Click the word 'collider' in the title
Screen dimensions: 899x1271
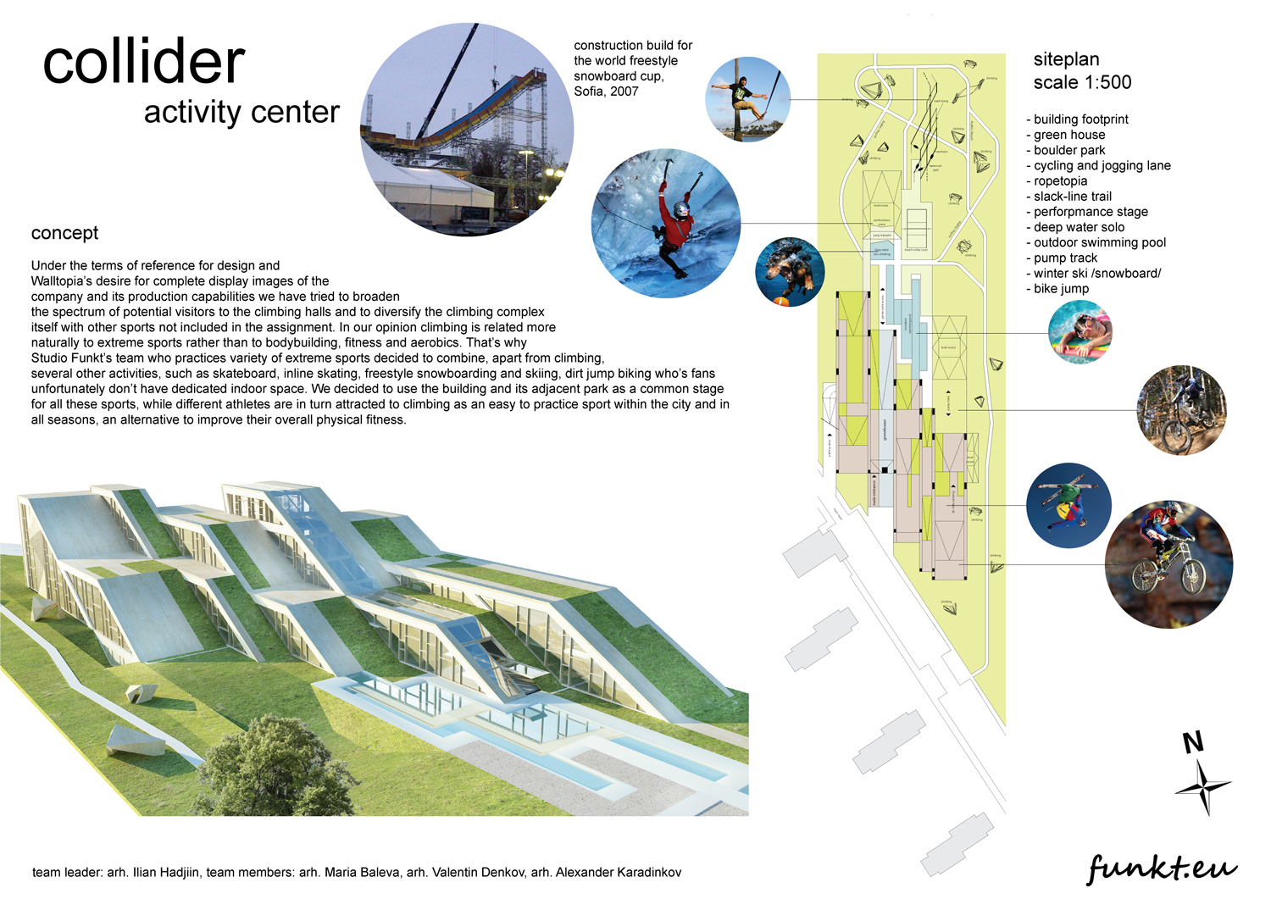(x=144, y=63)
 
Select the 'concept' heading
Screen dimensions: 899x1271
(x=64, y=233)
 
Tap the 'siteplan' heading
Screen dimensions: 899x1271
(x=1066, y=59)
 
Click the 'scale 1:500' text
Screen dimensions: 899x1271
(x=1082, y=82)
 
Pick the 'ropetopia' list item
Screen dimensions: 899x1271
(x=1060, y=181)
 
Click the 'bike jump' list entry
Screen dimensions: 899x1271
(x=1061, y=289)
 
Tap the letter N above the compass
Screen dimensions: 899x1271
(x=1193, y=743)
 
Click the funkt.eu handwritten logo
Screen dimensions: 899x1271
(x=1162, y=868)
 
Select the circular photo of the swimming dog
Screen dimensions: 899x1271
(x=789, y=271)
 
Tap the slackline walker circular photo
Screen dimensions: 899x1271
(x=747, y=100)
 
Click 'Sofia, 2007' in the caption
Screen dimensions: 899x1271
(x=606, y=92)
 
